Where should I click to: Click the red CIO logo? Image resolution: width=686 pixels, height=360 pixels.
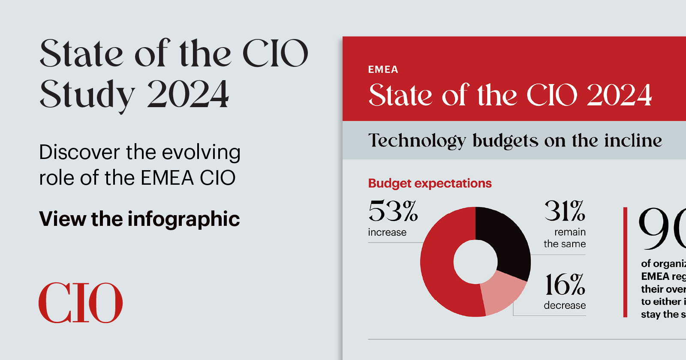pyautogui.click(x=81, y=303)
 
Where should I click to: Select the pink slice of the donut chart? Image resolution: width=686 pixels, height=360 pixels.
pyautogui.click(x=502, y=294)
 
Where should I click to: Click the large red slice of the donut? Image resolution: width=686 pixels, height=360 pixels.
pyautogui.click(x=442, y=274)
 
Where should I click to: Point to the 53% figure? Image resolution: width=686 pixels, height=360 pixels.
pyautogui.click(x=393, y=211)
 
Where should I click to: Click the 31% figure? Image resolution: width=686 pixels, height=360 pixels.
pyautogui.click(x=565, y=211)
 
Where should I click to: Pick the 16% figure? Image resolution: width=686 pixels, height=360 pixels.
pyautogui.click(x=565, y=285)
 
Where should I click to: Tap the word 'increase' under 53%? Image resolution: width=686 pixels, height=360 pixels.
pyautogui.click(x=387, y=232)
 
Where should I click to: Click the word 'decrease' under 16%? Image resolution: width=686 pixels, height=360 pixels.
pyautogui.click(x=565, y=306)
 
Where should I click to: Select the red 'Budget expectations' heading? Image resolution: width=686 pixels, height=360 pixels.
pyautogui.click(x=430, y=183)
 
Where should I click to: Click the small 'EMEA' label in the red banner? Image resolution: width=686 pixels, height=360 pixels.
pyautogui.click(x=383, y=69)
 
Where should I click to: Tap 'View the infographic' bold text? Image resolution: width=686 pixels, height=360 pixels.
pyautogui.click(x=139, y=219)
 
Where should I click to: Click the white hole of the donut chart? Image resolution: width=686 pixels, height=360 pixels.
pyautogui.click(x=475, y=262)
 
